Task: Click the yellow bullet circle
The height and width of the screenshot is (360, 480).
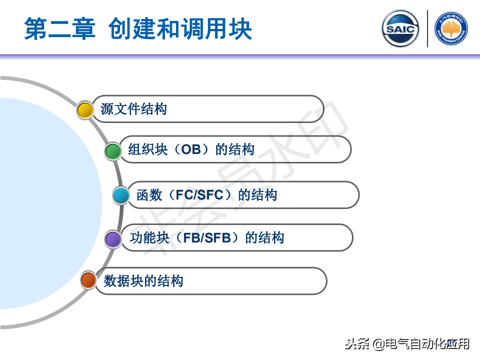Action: click(85, 110)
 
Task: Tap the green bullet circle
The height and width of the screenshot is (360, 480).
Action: click(113, 151)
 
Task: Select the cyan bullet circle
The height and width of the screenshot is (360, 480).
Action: click(121, 195)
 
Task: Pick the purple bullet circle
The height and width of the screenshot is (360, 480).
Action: click(113, 239)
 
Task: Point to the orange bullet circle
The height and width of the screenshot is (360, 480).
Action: click(88, 280)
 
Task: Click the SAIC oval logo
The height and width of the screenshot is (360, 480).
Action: click(400, 28)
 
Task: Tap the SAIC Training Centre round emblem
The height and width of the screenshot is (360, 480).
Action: click(451, 28)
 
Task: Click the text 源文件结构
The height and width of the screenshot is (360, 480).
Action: click(134, 109)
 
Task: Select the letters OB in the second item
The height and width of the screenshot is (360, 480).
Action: click(191, 149)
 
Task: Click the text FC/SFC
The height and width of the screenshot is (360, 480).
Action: click(199, 195)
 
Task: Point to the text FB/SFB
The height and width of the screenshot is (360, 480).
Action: click(207, 238)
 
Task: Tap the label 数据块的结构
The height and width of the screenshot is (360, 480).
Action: click(143, 281)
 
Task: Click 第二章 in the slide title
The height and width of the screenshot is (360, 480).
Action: click(59, 28)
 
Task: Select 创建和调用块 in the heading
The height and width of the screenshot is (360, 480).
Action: click(180, 28)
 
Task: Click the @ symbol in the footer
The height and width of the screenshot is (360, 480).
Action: click(378, 344)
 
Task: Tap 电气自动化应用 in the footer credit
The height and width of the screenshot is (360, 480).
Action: click(427, 344)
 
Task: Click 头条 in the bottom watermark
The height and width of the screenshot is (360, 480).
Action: click(357, 344)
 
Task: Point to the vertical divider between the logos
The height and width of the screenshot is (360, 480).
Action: click(427, 28)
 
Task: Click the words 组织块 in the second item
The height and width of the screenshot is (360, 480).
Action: click(148, 149)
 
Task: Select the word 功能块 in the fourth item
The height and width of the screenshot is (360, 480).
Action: click(149, 238)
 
